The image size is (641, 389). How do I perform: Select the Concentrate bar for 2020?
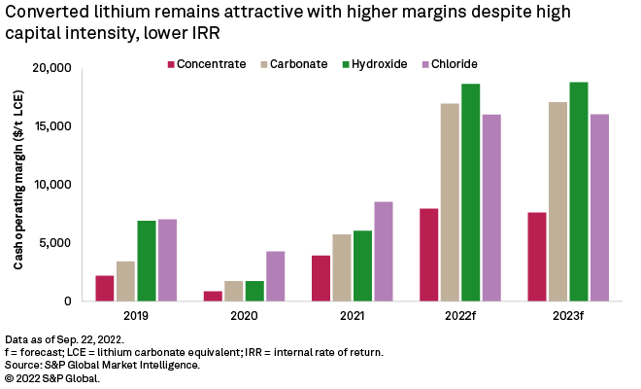pyautogui.click(x=213, y=296)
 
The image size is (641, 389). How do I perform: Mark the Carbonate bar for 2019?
pyautogui.click(x=126, y=281)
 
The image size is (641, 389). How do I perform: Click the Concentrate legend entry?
pyautogui.click(x=206, y=64)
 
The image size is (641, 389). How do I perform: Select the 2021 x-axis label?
pyautogui.click(x=353, y=315)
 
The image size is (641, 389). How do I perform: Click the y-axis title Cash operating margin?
pyautogui.click(x=19, y=185)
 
